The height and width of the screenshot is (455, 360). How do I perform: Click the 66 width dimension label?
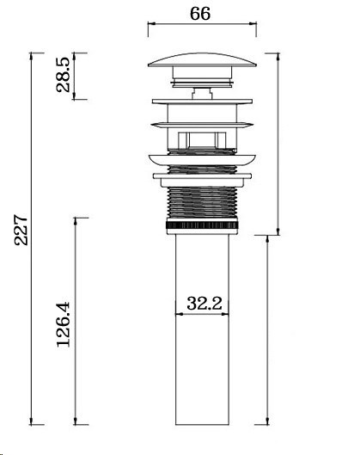(x=200, y=14)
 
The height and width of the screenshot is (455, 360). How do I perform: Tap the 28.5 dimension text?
(x=64, y=75)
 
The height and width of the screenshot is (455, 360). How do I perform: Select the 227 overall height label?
(x=21, y=230)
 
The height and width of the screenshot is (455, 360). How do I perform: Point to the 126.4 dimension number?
(x=64, y=324)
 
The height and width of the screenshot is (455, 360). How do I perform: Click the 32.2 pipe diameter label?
(x=204, y=304)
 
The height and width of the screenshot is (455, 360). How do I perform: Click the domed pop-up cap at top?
(x=202, y=60)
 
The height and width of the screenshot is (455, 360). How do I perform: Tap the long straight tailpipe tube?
(x=202, y=329)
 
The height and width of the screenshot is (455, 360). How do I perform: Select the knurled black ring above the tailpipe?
(x=202, y=225)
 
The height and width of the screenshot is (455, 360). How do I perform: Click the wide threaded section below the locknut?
(x=202, y=202)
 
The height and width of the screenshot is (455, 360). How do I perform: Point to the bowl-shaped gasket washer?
(x=202, y=160)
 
